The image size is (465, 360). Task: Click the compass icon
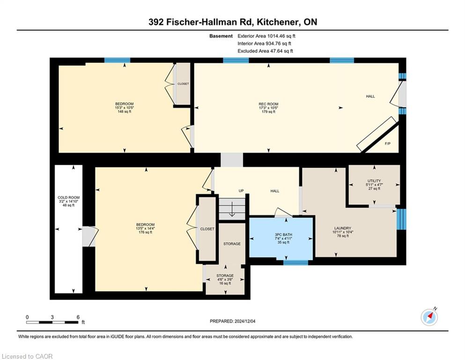coord(429,317)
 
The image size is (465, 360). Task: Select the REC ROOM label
coord(268,104)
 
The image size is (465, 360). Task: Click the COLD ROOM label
coord(68,197)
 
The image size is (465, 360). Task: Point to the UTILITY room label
coord(374,181)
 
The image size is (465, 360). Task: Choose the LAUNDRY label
coord(342,228)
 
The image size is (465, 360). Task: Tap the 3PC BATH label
coord(283,235)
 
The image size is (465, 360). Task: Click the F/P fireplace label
coord(388,143)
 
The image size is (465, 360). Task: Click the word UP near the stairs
coord(241,191)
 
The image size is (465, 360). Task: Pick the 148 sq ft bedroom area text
coord(125,112)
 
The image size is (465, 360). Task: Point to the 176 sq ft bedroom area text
coord(145,232)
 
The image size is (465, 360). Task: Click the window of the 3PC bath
coord(295,262)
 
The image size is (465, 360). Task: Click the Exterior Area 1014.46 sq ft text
coord(266,36)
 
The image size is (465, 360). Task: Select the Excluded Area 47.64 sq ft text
coord(265,51)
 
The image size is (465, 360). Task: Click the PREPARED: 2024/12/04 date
coord(232,321)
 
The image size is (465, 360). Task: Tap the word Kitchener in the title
coord(277,22)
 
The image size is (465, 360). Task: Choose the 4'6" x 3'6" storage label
coord(225,279)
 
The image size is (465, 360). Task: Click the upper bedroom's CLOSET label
coord(183,84)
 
